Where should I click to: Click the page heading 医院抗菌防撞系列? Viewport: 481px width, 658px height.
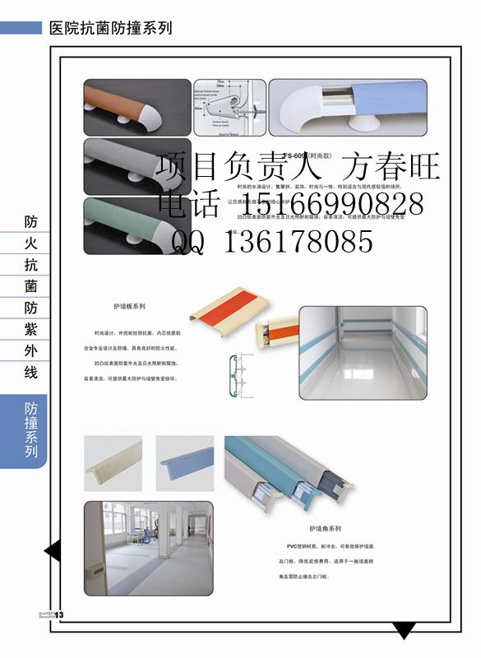pyautogui.click(x=110, y=28)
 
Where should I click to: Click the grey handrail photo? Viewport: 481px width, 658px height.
pyautogui.click(x=136, y=165)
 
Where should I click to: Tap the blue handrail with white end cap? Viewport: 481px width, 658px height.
pyautogui.click(x=349, y=107)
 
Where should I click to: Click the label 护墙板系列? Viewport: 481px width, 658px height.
pyautogui.click(x=129, y=306)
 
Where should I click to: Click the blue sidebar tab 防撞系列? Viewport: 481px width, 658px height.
pyautogui.click(x=31, y=431)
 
